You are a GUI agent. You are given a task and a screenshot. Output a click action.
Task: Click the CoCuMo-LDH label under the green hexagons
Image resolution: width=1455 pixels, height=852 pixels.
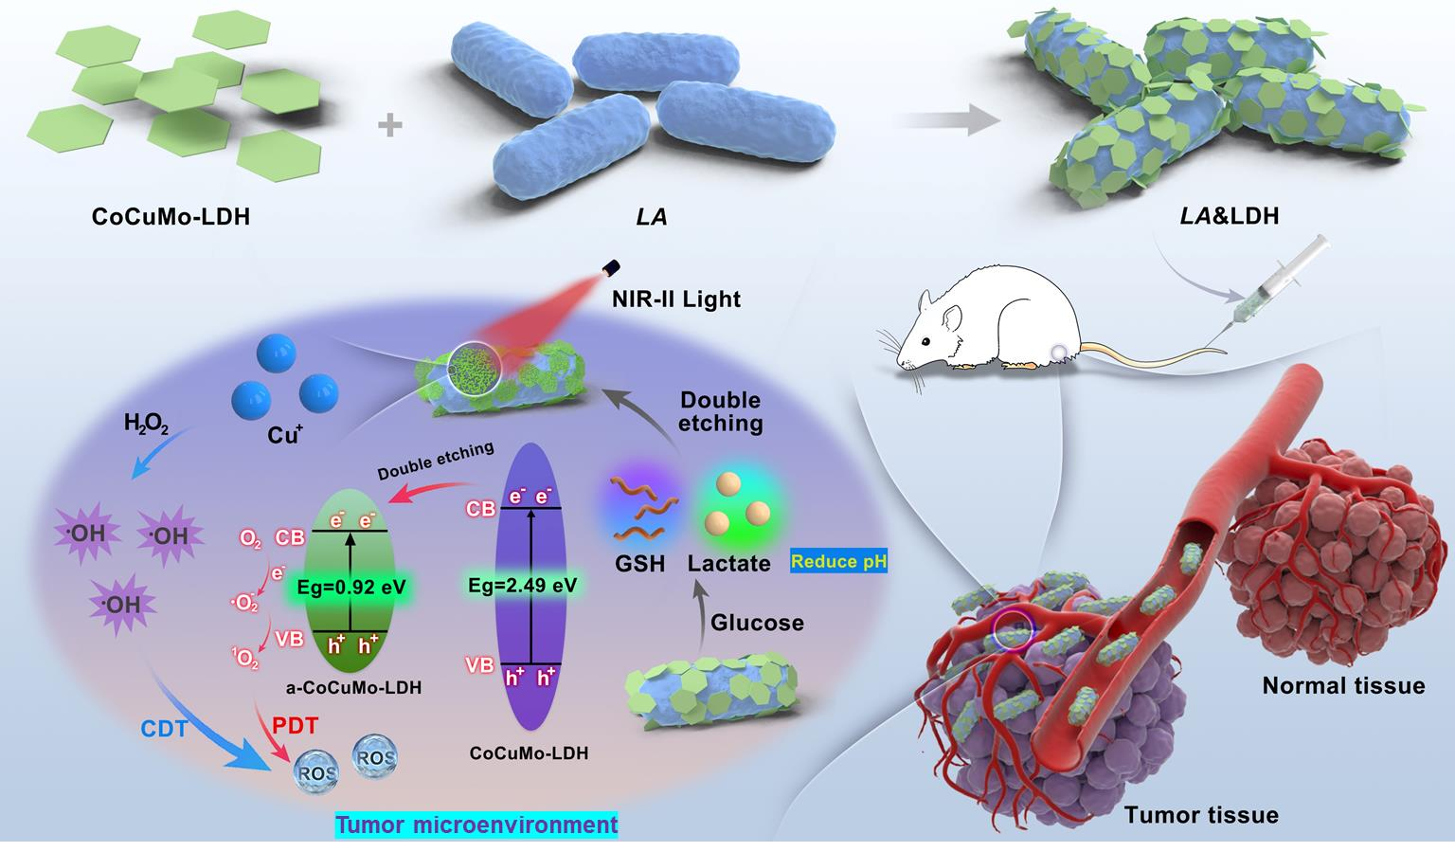coord(171,216)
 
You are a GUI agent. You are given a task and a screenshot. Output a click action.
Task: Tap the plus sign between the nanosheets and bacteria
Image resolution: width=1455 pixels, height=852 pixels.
coord(389,125)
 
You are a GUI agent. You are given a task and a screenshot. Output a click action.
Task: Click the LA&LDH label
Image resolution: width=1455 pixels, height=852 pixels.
coord(1229,216)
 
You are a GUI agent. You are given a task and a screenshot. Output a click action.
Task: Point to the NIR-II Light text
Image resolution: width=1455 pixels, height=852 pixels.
coord(676,299)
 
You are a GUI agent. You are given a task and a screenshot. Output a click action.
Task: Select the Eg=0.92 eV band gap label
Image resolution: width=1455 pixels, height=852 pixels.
coord(350,587)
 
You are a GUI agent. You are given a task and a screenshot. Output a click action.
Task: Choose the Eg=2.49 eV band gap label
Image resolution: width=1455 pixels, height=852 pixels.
coord(522,585)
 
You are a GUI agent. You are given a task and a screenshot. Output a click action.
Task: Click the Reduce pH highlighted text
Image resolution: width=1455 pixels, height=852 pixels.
coord(838,561)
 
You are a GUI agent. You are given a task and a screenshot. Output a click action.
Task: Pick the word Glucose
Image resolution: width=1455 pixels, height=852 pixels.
coord(757,623)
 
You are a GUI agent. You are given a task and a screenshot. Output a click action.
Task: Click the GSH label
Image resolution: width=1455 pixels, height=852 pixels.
coord(639,564)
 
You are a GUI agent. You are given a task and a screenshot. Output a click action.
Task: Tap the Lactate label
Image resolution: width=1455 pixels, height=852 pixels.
coord(728,564)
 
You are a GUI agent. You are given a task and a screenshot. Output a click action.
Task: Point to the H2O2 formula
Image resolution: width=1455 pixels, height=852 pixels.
coord(146,425)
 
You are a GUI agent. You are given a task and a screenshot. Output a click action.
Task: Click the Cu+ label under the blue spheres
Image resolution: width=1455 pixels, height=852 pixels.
coord(285,434)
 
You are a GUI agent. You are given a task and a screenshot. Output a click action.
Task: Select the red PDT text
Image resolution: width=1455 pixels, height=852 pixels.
coord(295,725)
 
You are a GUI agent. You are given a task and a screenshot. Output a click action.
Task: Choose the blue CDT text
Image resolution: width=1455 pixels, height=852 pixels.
coord(164,729)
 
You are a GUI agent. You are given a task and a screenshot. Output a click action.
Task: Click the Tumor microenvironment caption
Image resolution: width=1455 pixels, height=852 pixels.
coord(476,825)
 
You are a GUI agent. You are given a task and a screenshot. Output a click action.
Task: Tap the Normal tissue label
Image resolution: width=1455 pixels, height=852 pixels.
coord(1343,685)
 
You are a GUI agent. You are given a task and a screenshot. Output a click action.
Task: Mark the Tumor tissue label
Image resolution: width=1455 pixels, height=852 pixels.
coord(1201,815)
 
